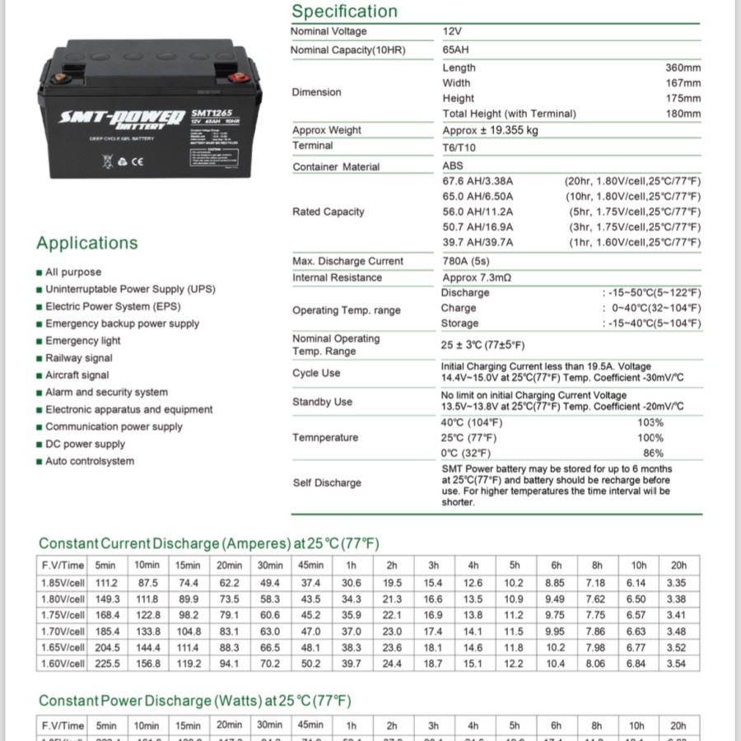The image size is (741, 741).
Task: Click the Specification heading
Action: pyautogui.click(x=344, y=12)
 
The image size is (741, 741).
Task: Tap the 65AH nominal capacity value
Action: pyautogui.click(x=456, y=50)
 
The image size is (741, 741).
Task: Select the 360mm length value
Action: pyautogui.click(x=683, y=68)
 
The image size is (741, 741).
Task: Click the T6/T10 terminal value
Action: pyautogui.click(x=459, y=148)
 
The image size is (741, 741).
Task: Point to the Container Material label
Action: pyautogui.click(x=336, y=167)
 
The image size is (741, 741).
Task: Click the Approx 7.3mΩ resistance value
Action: pyautogui.click(x=477, y=278)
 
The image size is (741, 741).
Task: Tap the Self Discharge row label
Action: pyautogui.click(x=327, y=483)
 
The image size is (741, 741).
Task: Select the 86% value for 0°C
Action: pyautogui.click(x=653, y=454)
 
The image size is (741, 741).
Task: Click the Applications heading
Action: pyautogui.click(x=86, y=243)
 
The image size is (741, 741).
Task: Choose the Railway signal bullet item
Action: pyautogui.click(x=78, y=358)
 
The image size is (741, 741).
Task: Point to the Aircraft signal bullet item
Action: pyautogui.click(x=77, y=375)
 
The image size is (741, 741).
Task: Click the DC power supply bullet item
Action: pyautogui.click(x=85, y=444)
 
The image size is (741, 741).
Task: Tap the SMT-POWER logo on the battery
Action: pyautogui.click(x=121, y=119)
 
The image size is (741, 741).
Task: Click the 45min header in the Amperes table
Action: pyautogui.click(x=310, y=565)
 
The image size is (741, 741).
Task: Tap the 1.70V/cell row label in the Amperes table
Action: pyautogui.click(x=63, y=631)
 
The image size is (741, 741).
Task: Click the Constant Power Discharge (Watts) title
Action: pyautogui.click(x=194, y=701)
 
